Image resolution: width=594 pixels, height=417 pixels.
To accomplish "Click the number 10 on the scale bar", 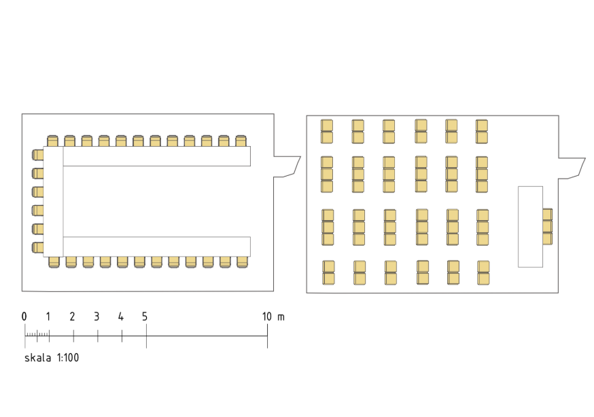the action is click(x=266, y=316).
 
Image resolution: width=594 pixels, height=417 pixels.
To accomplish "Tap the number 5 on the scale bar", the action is click(x=145, y=316).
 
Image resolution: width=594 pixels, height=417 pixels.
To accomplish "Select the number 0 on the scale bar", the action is click(x=24, y=316).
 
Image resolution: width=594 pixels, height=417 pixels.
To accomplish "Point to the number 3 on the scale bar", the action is click(x=97, y=316).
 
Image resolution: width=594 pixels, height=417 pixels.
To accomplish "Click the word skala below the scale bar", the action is click(x=37, y=358).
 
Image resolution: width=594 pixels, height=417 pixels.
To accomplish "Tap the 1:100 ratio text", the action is click(x=68, y=358).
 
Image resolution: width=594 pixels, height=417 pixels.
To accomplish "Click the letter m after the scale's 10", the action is click(x=281, y=317).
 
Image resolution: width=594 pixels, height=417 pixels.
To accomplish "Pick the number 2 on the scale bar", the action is click(x=72, y=316).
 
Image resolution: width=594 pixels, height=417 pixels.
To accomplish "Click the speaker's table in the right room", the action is click(x=530, y=227).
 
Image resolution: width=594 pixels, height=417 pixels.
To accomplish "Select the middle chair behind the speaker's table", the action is click(x=547, y=226).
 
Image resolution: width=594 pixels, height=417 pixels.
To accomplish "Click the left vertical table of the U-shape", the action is click(x=53, y=202).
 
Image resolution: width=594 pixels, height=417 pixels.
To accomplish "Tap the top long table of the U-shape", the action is click(x=157, y=156).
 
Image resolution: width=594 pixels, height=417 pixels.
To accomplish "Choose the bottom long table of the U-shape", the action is click(x=157, y=247).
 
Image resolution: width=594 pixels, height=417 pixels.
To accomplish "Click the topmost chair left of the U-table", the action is click(x=37, y=155).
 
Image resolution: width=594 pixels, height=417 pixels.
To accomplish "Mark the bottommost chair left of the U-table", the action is click(x=37, y=247).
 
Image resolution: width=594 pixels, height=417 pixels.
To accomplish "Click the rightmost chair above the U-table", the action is click(x=241, y=141).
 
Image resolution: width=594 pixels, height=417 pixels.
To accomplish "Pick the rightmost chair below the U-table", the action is click(x=242, y=262).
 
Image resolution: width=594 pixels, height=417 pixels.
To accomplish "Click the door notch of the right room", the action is click(x=572, y=168).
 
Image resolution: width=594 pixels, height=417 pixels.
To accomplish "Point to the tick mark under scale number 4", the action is click(x=122, y=336).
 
